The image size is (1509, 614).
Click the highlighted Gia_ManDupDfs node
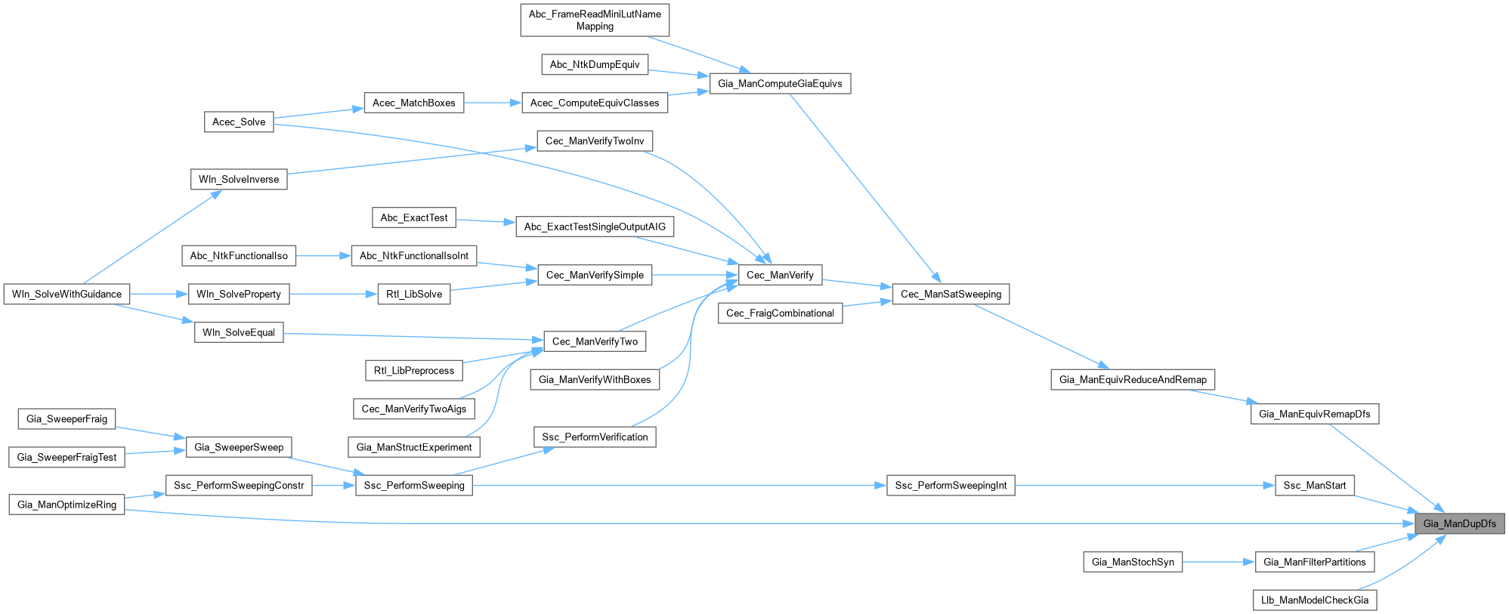click(1459, 523)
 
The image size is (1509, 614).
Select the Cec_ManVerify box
click(780, 275)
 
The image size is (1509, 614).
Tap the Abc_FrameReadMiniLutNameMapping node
click(595, 20)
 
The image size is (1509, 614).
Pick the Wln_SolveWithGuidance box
click(66, 294)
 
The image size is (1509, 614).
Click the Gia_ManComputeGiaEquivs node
click(780, 83)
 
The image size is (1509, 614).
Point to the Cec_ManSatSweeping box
click(951, 294)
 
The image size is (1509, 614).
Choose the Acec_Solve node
click(239, 122)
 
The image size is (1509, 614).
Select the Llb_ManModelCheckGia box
click(1315, 600)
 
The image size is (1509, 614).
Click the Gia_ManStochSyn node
click(1133, 562)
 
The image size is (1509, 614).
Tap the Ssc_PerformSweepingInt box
click(951, 485)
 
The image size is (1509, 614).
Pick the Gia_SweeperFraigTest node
click(66, 457)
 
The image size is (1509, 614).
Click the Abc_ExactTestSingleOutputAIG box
click(595, 227)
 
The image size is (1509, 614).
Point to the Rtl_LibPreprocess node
click(413, 370)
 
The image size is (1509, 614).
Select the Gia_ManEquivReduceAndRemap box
click(1133, 379)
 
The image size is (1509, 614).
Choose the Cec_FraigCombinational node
click(780, 313)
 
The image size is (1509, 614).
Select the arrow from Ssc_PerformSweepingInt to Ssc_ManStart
click(1144, 485)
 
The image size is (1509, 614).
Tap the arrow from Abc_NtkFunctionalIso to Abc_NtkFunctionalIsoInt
click(323, 256)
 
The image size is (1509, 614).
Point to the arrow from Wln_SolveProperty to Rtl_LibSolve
click(333, 294)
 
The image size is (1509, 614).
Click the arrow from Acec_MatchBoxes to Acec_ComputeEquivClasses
click(493, 103)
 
